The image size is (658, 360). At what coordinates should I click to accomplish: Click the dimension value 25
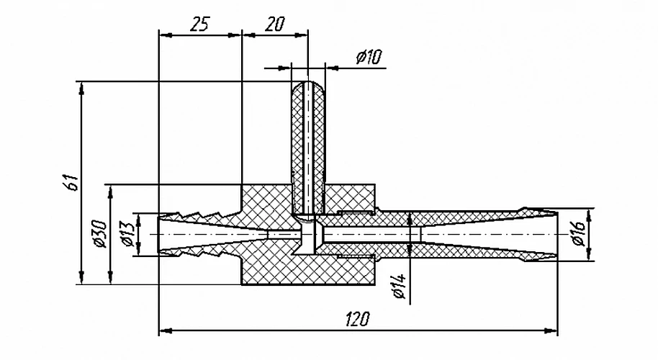click(x=199, y=24)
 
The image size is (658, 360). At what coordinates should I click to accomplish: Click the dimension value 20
click(x=275, y=24)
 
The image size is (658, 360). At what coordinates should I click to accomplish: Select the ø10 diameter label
click(x=369, y=56)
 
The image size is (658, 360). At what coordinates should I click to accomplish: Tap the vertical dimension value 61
click(x=73, y=181)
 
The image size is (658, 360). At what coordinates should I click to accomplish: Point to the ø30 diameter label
click(x=100, y=233)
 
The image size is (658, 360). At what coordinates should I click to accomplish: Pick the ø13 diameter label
click(x=128, y=233)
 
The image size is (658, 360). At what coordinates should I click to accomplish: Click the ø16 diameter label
click(x=579, y=233)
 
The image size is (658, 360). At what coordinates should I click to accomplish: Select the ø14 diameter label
click(x=400, y=286)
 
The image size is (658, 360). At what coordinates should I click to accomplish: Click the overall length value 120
click(x=358, y=319)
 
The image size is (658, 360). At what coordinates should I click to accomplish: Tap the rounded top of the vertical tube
click(x=308, y=84)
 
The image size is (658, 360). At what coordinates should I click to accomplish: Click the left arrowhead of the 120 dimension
click(x=166, y=330)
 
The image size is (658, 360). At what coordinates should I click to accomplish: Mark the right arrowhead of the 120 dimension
click(x=551, y=330)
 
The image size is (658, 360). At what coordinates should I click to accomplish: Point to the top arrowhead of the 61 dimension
click(x=81, y=88)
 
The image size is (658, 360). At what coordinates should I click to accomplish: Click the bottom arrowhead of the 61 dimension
click(x=81, y=278)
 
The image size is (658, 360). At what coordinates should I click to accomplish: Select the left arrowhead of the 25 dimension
click(x=166, y=35)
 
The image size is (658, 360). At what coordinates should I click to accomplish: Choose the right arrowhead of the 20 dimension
click(x=302, y=35)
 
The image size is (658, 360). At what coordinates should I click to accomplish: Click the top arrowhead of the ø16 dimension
click(x=590, y=215)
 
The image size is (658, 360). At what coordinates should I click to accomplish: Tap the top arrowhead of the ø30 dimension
click(x=110, y=192)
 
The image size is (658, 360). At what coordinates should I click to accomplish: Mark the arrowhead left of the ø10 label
click(x=285, y=67)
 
